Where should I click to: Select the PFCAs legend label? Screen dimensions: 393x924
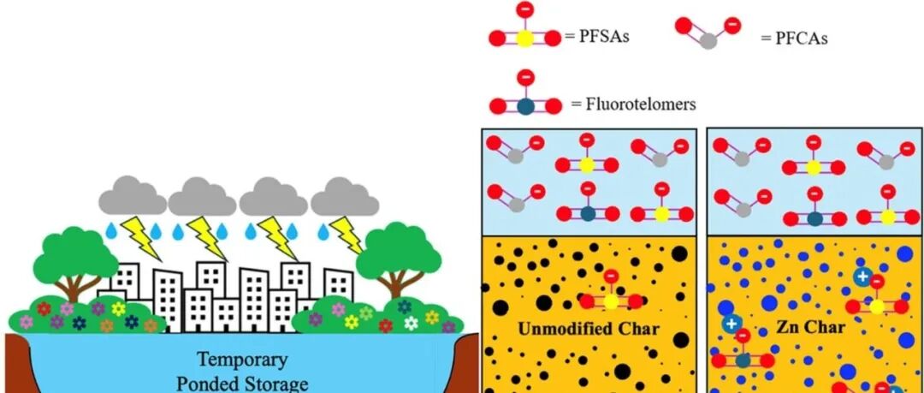(x=794, y=39)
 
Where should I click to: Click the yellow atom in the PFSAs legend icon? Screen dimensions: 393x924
(x=525, y=38)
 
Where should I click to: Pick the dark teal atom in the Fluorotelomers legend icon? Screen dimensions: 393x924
(x=525, y=106)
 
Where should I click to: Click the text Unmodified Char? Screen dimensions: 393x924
(x=588, y=329)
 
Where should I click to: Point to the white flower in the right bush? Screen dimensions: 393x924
(x=412, y=323)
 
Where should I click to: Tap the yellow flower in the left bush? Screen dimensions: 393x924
(x=118, y=309)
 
